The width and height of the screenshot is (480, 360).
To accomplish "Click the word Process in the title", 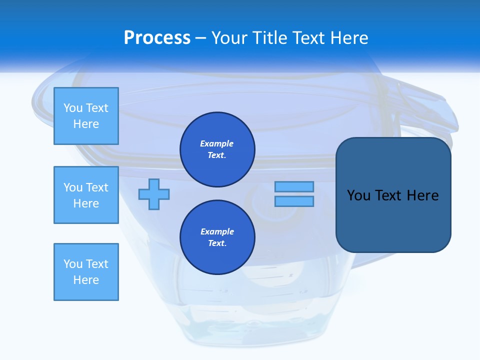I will [157, 38].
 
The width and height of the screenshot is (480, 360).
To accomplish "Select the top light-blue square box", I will [86, 116].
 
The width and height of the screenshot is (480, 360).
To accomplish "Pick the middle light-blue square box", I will [86, 195].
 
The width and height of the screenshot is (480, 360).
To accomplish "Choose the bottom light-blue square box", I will [86, 272].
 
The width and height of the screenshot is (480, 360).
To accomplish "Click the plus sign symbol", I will [154, 194].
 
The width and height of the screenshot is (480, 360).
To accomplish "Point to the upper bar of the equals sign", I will [294, 186].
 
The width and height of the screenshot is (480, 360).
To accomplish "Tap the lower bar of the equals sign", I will [294, 201].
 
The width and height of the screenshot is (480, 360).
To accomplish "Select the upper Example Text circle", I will [217, 149].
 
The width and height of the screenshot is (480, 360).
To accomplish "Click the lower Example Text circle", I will [217, 237].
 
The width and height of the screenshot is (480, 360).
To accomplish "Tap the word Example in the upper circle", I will [217, 143].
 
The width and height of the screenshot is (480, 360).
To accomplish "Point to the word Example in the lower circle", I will [217, 231].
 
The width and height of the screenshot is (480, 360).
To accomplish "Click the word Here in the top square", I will [86, 124].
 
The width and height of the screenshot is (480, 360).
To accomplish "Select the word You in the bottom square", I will [73, 264].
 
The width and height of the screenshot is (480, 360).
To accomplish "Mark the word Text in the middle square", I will [96, 187].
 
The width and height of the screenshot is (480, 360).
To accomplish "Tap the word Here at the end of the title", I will [349, 38].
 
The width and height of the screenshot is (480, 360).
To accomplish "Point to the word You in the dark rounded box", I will [358, 195].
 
